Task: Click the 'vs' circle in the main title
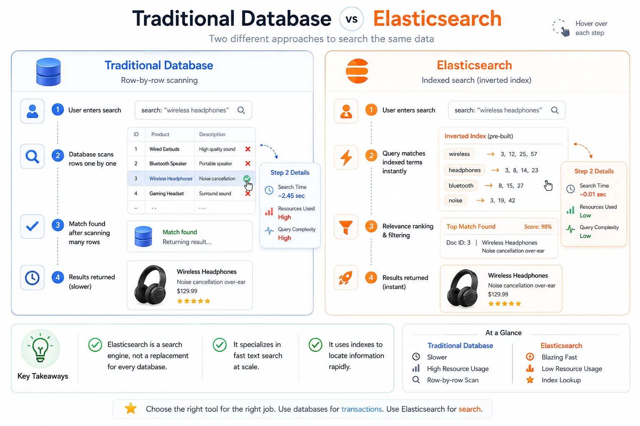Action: coord(351,19)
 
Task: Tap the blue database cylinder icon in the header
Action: coord(48,72)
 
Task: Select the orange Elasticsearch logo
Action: coord(357,71)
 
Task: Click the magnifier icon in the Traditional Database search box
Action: coord(241,110)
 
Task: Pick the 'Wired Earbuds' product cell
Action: coord(164,149)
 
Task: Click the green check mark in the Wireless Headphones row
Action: coord(247,178)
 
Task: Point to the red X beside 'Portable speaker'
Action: coord(248,163)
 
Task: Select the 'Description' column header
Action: coord(212,134)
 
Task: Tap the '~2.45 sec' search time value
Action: coord(291,196)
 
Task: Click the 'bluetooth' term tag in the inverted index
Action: coord(461,186)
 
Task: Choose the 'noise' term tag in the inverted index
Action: coord(455,200)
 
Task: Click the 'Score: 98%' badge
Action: coord(538,227)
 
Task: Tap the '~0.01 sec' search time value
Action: coord(593,194)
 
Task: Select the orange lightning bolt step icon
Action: coord(346,157)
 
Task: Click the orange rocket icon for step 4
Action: coord(346,277)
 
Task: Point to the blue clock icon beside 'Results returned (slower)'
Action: coord(32,277)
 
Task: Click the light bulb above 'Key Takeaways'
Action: coord(40,348)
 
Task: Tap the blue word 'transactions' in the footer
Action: coord(361,409)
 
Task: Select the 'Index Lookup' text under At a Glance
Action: coord(561,380)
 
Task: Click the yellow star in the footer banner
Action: coord(130,408)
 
